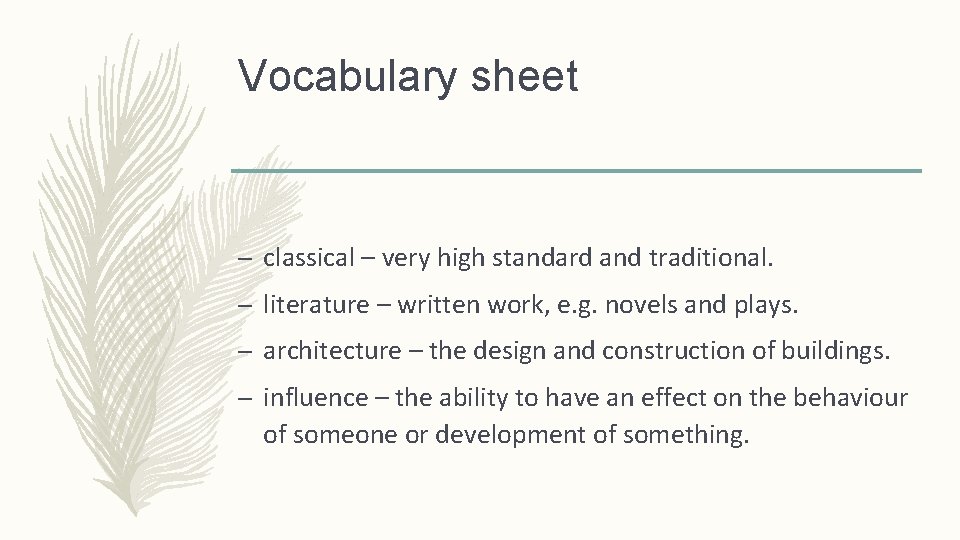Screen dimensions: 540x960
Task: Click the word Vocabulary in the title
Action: (346, 78)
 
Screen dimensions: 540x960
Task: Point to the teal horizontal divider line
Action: (576, 171)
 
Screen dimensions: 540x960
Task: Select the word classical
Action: (309, 258)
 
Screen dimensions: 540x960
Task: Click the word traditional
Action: (710, 258)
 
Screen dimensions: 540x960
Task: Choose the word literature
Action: (315, 305)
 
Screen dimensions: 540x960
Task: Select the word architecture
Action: (331, 351)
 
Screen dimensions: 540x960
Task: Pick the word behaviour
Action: (850, 398)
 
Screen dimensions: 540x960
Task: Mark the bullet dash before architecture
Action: (245, 352)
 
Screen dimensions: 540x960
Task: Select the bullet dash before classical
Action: (245, 259)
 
